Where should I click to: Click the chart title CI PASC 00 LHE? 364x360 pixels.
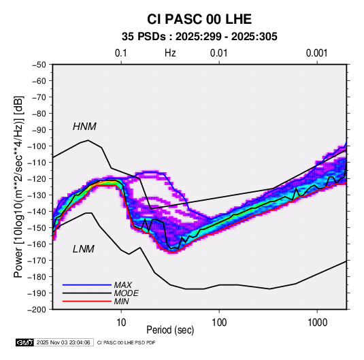pyautogui.click(x=199, y=19)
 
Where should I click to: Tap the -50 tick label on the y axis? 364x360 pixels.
pyautogui.click(x=39, y=65)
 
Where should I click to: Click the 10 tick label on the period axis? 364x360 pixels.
pyautogui.click(x=121, y=323)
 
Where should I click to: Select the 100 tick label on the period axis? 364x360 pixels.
pyautogui.click(x=219, y=323)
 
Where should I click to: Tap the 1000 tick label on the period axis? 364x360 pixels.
pyautogui.click(x=317, y=323)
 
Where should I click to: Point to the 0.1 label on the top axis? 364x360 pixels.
pyautogui.click(x=121, y=53)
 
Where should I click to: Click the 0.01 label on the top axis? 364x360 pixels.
pyautogui.click(x=218, y=53)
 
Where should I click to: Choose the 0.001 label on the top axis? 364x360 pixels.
pyautogui.click(x=316, y=53)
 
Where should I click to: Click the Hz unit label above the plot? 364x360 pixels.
pyautogui.click(x=170, y=53)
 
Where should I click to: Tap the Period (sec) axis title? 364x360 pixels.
pyautogui.click(x=170, y=330)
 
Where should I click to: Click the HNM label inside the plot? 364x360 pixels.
pyautogui.click(x=84, y=127)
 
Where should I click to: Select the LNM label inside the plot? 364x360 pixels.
pyautogui.click(x=84, y=249)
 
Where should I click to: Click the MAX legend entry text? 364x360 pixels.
pyautogui.click(x=123, y=285)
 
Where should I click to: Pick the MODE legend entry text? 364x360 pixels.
pyautogui.click(x=127, y=293)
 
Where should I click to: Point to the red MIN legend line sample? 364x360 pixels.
pyautogui.click(x=87, y=301)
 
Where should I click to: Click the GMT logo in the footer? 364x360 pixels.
pyautogui.click(x=24, y=342)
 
